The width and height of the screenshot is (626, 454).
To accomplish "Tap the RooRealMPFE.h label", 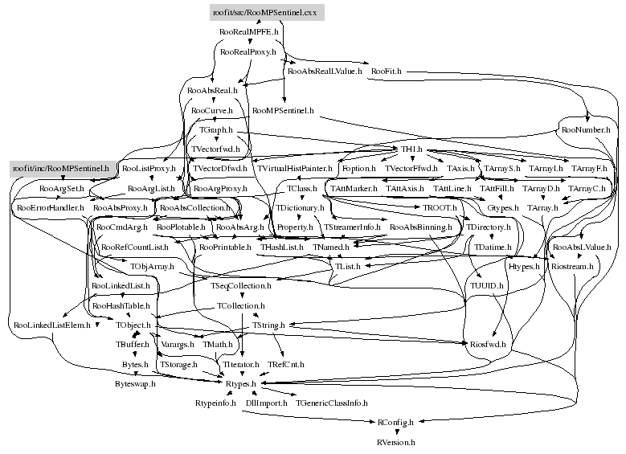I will click(248, 32).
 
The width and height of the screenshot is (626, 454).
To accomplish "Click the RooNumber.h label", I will click(586, 129).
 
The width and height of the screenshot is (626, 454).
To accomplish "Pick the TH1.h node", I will click(412, 150).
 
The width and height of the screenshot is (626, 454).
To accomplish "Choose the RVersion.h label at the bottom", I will click(395, 442).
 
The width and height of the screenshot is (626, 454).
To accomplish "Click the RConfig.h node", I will click(395, 422).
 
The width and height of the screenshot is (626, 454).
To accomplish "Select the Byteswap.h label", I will click(134, 384).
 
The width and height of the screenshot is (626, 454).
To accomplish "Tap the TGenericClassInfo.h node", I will click(331, 402).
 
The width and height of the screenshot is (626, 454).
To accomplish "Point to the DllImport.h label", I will click(266, 402).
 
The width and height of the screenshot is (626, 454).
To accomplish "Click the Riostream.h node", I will click(572, 265).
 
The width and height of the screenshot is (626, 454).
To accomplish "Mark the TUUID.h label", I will click(487, 285).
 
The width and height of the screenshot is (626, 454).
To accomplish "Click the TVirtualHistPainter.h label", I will click(294, 169).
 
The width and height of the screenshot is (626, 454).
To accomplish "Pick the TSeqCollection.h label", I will click(241, 285).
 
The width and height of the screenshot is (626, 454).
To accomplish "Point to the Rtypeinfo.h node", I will click(215, 402).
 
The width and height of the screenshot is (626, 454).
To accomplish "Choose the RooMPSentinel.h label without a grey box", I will click(283, 109).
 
